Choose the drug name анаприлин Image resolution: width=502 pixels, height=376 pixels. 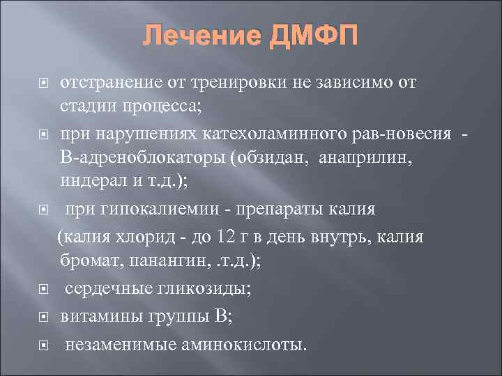[366, 158]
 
